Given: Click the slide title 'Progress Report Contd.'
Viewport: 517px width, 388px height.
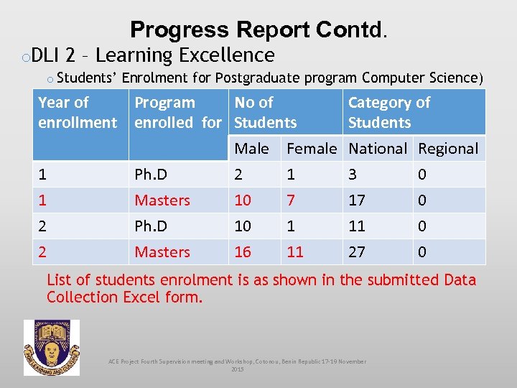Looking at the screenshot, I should pyautogui.click(x=258, y=29).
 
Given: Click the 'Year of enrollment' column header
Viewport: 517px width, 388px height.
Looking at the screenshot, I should pyautogui.click(x=78, y=113).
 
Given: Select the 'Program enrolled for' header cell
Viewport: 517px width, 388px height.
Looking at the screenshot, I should pyautogui.click(x=178, y=113).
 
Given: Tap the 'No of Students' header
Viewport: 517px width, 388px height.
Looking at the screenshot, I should pyautogui.click(x=266, y=113).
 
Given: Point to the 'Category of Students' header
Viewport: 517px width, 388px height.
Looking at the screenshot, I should pyautogui.click(x=389, y=113).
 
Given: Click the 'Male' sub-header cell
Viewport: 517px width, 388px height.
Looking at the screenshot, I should pyautogui.click(x=252, y=149).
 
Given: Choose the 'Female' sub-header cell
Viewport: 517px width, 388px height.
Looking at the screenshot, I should pyautogui.click(x=311, y=149).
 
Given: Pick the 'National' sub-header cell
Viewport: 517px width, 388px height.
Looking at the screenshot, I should pyautogui.click(x=378, y=149).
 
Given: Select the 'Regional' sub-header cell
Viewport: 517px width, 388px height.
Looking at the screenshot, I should pyautogui.click(x=448, y=149).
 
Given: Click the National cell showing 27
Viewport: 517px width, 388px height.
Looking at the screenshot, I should pyautogui.click(x=357, y=252).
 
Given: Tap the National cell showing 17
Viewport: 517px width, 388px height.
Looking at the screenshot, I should pyautogui.click(x=357, y=200).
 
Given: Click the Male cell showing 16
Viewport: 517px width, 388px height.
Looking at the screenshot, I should pyautogui.click(x=243, y=252).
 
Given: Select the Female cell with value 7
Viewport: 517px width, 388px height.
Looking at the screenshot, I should pyautogui.click(x=291, y=200).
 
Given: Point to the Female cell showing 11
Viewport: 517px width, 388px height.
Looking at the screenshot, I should pyautogui.click(x=295, y=252).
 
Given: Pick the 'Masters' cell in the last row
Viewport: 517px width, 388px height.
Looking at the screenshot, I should pyautogui.click(x=162, y=252).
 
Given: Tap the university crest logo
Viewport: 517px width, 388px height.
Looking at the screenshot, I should pyautogui.click(x=52, y=348).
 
